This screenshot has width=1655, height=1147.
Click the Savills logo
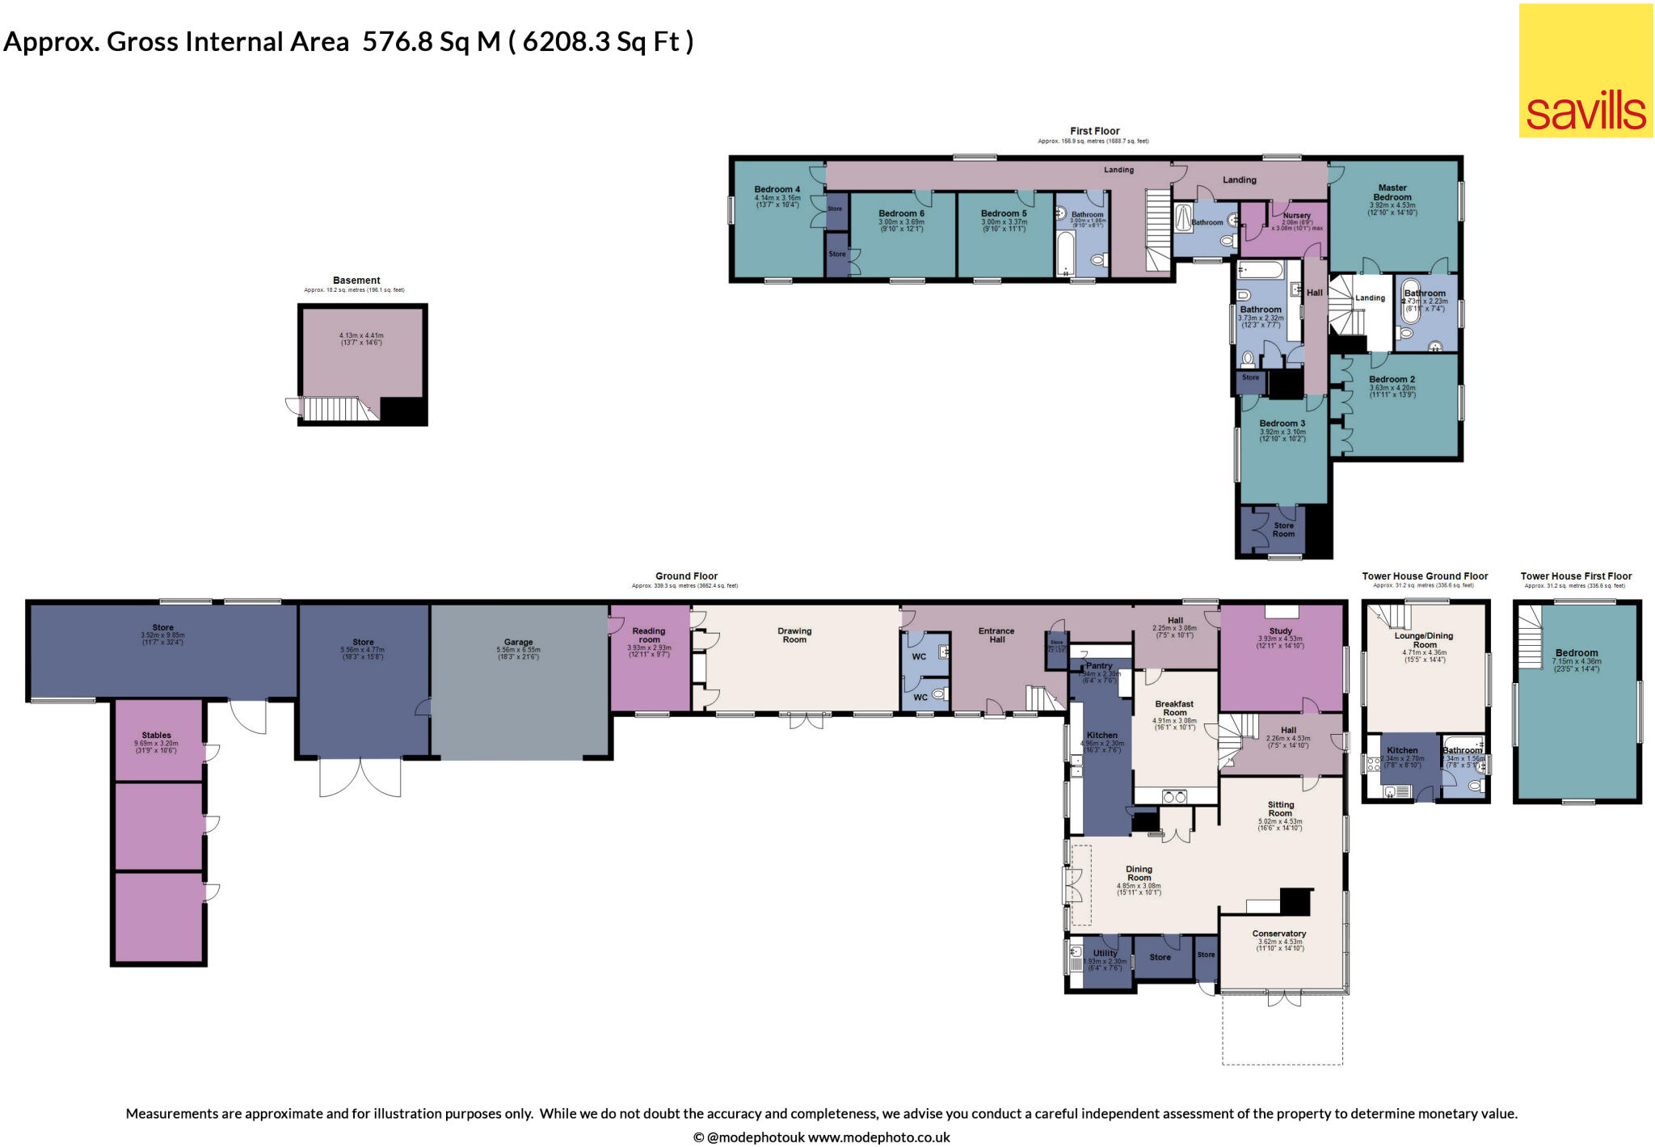coord(1586,71)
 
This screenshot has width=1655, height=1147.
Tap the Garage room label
coord(518,643)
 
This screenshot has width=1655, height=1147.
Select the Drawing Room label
coord(794,635)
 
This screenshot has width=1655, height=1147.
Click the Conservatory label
coord(1279,934)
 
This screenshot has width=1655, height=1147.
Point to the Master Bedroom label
coord(1392,192)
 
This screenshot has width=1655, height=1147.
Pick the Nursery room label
coord(1296,215)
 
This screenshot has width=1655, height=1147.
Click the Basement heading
coord(356,280)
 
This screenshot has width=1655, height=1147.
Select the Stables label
coord(156,736)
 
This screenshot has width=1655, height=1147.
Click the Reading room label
coord(649,635)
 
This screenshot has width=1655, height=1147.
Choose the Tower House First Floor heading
coord(1576,576)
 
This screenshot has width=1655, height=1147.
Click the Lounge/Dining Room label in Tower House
coord(1425,640)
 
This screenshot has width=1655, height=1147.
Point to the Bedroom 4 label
coord(777,190)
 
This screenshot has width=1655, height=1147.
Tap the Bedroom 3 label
coord(1282,424)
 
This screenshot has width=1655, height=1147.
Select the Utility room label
coord(1105,953)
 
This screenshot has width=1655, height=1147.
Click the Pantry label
coord(1099,666)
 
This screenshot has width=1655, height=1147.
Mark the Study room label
coord(1281,631)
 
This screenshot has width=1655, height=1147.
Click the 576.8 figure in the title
coord(398,41)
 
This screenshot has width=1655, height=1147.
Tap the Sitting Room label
coord(1281,809)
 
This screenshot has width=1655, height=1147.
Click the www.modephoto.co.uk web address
coord(878,1137)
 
